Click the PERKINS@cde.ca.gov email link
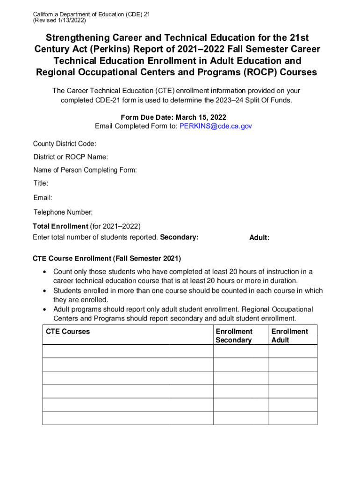click(216, 126)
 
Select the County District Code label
click(65, 143)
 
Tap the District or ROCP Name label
click(71, 156)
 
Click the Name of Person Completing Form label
click(85, 170)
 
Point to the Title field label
click(41, 183)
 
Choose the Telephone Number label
click(63, 212)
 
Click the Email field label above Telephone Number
click(43, 198)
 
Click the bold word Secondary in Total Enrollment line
click(179, 237)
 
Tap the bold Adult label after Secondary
click(259, 238)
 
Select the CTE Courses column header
click(68, 332)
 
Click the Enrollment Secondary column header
click(234, 336)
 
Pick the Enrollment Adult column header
click(289, 336)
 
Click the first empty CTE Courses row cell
click(128, 351)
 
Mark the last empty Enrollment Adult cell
click(293, 418)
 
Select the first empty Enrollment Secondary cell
click(241, 351)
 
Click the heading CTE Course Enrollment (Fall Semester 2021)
click(107, 259)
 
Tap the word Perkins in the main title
click(97, 49)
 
